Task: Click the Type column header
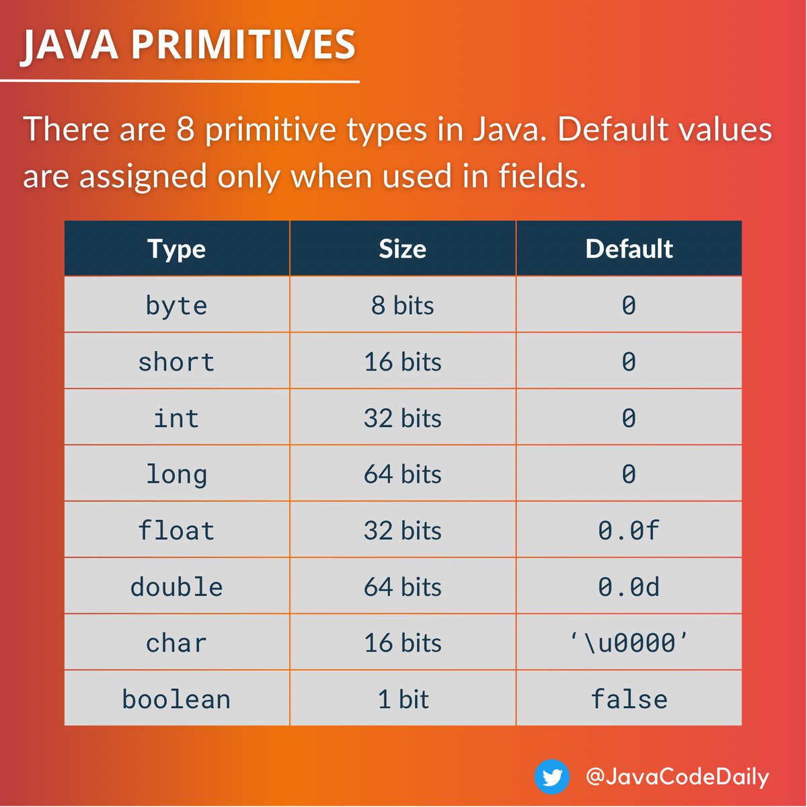click(x=177, y=249)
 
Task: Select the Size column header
click(x=402, y=249)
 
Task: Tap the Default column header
click(x=629, y=249)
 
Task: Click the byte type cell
click(x=177, y=306)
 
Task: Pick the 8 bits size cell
click(x=402, y=306)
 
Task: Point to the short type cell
click(x=177, y=362)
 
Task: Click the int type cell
click(x=177, y=418)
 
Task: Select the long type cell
click(x=177, y=475)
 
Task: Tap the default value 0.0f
click(x=629, y=531)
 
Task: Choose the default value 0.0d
click(x=629, y=587)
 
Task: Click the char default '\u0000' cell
click(x=629, y=644)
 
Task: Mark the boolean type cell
click(x=177, y=699)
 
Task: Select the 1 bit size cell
click(x=402, y=699)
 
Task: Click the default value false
click(x=629, y=699)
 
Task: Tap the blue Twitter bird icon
click(x=552, y=777)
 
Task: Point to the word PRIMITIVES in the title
click(x=243, y=45)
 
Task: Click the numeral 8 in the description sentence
click(x=186, y=129)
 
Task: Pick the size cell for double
click(x=402, y=587)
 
